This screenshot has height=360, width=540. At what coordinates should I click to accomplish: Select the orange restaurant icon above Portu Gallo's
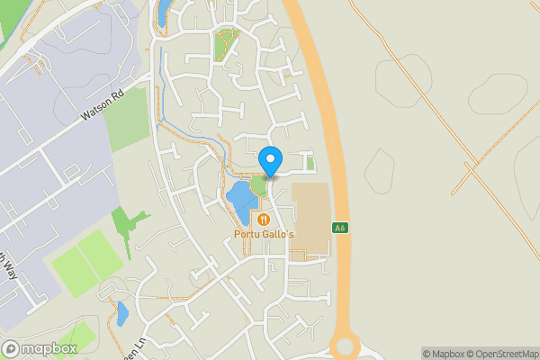tap(263, 219)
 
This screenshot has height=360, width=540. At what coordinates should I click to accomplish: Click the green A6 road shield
tap(340, 227)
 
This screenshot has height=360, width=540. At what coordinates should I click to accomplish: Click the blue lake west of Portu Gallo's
tap(239, 202)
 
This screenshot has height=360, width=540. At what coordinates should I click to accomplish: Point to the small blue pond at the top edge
tap(163, 12)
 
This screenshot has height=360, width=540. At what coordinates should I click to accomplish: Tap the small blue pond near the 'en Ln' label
tap(122, 314)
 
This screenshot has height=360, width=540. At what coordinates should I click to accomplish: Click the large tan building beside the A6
tap(310, 220)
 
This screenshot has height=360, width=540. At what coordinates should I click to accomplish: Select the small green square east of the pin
tap(310, 164)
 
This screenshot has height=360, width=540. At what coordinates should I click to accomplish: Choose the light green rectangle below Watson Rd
tap(126, 119)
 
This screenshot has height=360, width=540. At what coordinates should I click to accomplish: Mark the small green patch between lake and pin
tap(259, 186)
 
